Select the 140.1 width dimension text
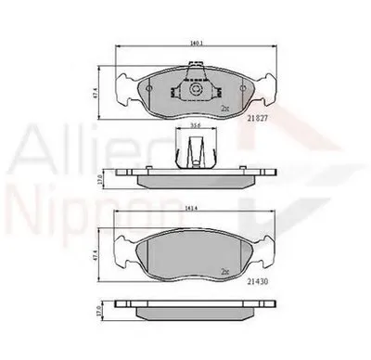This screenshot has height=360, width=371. tap(195, 43)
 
